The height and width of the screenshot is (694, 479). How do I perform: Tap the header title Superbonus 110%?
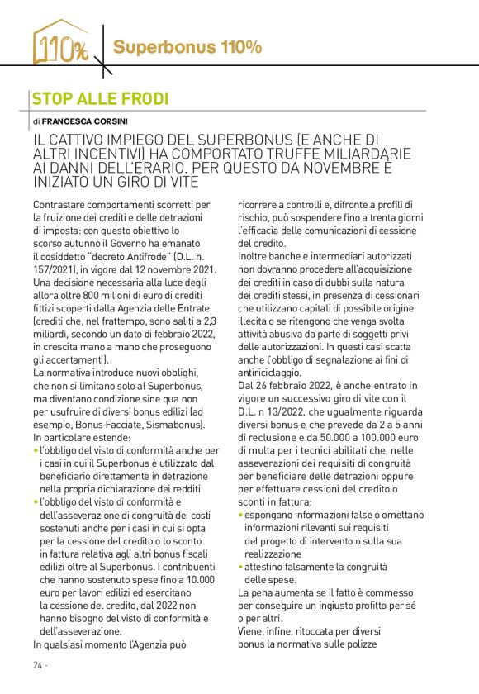point(187,47)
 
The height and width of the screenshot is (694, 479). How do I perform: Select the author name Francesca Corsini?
point(80,121)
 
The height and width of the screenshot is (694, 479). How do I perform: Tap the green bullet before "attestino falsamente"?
point(240,568)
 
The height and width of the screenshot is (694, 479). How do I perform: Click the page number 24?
point(38,666)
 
